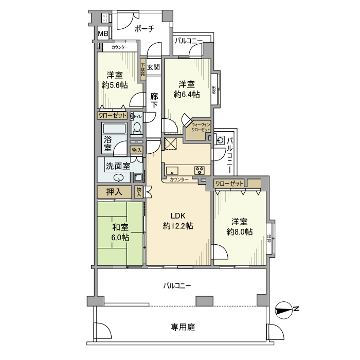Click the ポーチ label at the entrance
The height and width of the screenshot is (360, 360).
pos(145,29)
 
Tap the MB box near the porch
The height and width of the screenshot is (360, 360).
pos(103,34)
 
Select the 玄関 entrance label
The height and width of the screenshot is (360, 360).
pos(153,67)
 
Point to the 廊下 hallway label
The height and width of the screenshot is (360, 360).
pos(154,100)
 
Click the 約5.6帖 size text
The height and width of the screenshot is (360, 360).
pos(115,85)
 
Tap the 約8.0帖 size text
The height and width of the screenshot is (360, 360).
pos(240,232)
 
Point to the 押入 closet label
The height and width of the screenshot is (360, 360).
pos(114,192)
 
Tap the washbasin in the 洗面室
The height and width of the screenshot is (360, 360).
pos(119,178)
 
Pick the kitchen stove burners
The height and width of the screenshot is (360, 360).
pos(199,170)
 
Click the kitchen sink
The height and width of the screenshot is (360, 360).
pos(172,170)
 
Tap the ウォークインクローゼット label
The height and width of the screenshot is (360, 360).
pos(201,127)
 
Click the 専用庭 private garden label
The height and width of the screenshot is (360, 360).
pos(183,327)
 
